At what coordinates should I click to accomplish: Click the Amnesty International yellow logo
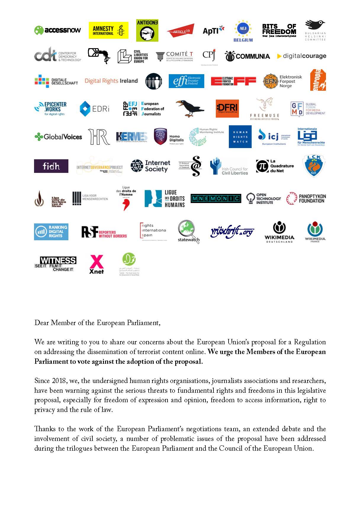[108, 30]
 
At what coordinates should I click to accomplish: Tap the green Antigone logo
[147, 30]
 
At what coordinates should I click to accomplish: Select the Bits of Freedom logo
[279, 30]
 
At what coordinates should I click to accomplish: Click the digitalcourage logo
[301, 56]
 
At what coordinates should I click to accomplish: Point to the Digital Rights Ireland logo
[111, 81]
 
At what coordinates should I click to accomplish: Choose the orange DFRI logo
[227, 108]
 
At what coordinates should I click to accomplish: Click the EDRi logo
[94, 109]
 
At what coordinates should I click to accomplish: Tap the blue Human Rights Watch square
[240, 137]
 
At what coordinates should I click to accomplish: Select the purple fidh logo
[51, 166]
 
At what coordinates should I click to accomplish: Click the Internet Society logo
[150, 166]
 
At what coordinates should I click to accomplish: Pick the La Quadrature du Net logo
[275, 166]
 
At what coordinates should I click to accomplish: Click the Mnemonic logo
[216, 199]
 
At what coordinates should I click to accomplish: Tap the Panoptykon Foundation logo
[306, 199]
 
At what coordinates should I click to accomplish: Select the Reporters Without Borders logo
[104, 232]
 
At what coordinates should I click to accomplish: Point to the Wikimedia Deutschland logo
[279, 232]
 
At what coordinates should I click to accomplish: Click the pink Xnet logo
[97, 264]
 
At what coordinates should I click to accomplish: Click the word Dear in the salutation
[41, 323]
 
